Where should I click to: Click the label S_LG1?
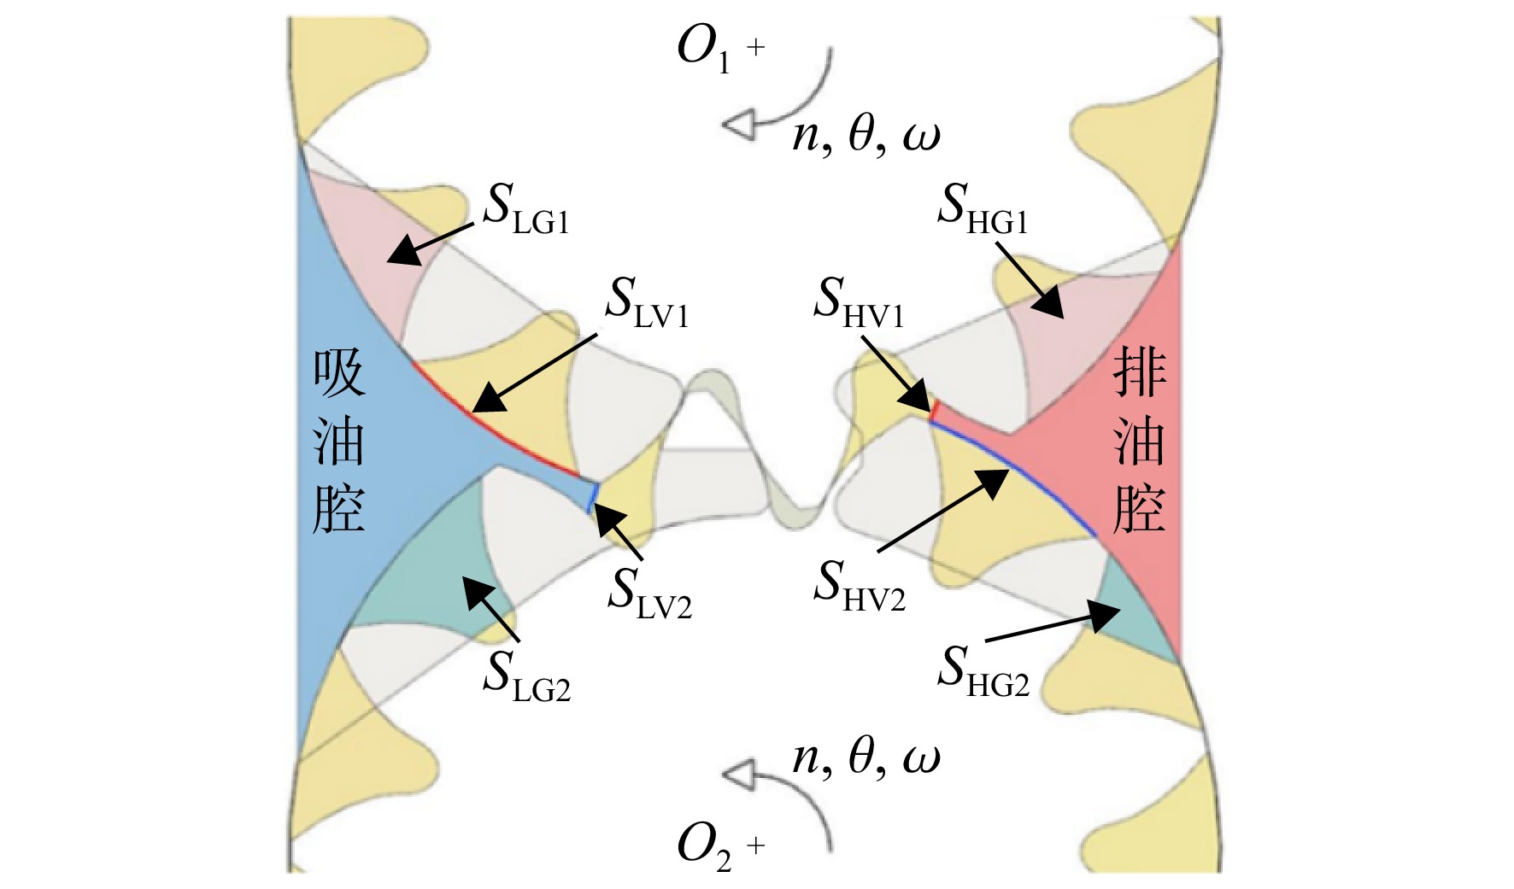[525, 208]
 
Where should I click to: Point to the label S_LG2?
[526, 676]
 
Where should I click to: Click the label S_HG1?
[983, 208]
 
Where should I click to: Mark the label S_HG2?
[983, 670]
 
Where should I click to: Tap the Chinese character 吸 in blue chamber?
[339, 374]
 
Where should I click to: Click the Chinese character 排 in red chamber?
[1140, 373]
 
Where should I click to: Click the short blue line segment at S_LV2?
[592, 497]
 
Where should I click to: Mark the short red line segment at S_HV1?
[935, 412]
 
